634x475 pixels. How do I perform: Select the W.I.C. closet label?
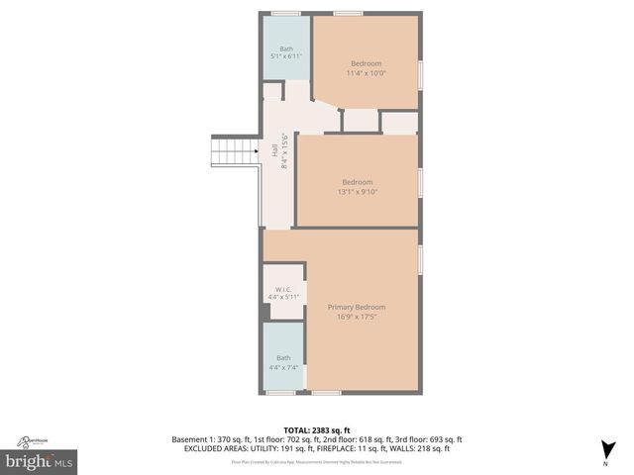(283, 289)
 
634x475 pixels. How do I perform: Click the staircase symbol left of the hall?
(236, 151)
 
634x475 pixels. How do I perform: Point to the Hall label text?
(274, 151)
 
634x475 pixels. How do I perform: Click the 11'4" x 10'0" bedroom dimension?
(366, 73)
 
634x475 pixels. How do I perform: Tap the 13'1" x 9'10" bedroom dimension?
(357, 192)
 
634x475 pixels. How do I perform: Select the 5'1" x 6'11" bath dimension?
(286, 57)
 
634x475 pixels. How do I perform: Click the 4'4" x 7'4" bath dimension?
(283, 367)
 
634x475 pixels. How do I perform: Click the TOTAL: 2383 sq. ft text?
(317, 429)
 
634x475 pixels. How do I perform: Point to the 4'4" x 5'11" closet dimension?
(283, 297)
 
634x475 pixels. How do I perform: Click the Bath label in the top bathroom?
(286, 48)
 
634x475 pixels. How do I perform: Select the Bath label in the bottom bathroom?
(283, 358)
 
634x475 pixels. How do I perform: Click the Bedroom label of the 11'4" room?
(366, 64)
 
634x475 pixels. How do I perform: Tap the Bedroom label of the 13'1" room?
(357, 182)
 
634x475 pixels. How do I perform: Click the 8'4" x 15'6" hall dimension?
(284, 151)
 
